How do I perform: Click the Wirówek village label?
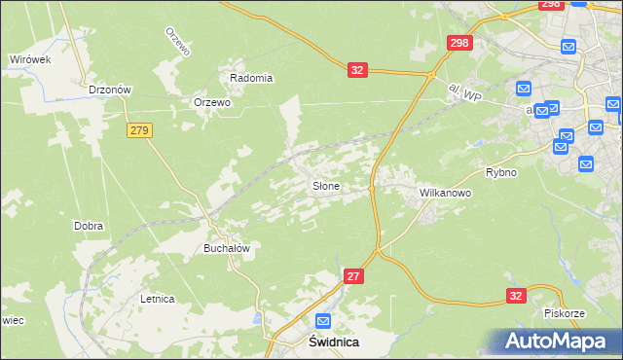pos(29,59)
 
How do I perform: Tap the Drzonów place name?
pos(109,89)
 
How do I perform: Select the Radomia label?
pos(251,78)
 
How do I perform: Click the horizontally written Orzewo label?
pos(211,102)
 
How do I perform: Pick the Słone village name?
pos(325,186)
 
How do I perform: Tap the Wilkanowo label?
pos(445,193)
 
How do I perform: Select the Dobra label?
pos(89,226)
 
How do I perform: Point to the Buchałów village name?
pos(227,248)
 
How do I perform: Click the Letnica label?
pos(157,299)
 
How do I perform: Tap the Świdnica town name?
pos(321,342)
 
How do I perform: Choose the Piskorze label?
pos(564,313)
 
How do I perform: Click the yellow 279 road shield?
pos(138,129)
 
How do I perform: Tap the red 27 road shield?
pos(354,277)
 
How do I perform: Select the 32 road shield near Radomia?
pos(358,70)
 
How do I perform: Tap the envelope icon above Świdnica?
pos(323,321)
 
